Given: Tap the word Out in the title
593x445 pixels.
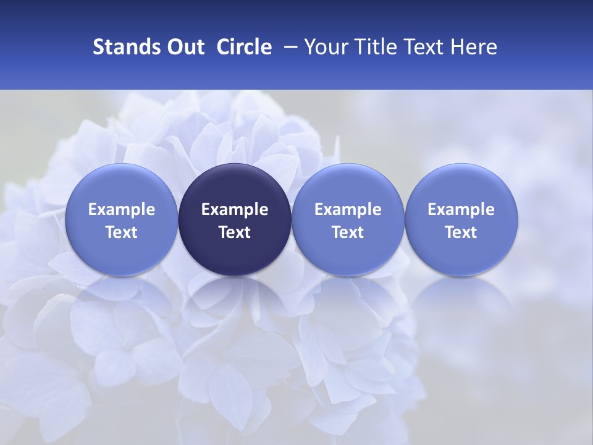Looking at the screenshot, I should [185, 47].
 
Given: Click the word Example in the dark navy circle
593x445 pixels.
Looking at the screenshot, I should [235, 210].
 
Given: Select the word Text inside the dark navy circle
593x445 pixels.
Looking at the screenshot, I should [235, 232].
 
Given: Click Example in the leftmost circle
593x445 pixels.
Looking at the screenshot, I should [122, 210].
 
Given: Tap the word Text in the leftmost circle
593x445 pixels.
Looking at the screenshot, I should [122, 232].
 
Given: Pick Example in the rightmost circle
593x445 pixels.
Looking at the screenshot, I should [461, 210].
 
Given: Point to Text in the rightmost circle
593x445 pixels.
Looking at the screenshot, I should [461, 232].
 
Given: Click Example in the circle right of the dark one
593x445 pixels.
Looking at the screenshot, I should [348, 210].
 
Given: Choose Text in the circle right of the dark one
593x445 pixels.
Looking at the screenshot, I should [348, 232].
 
